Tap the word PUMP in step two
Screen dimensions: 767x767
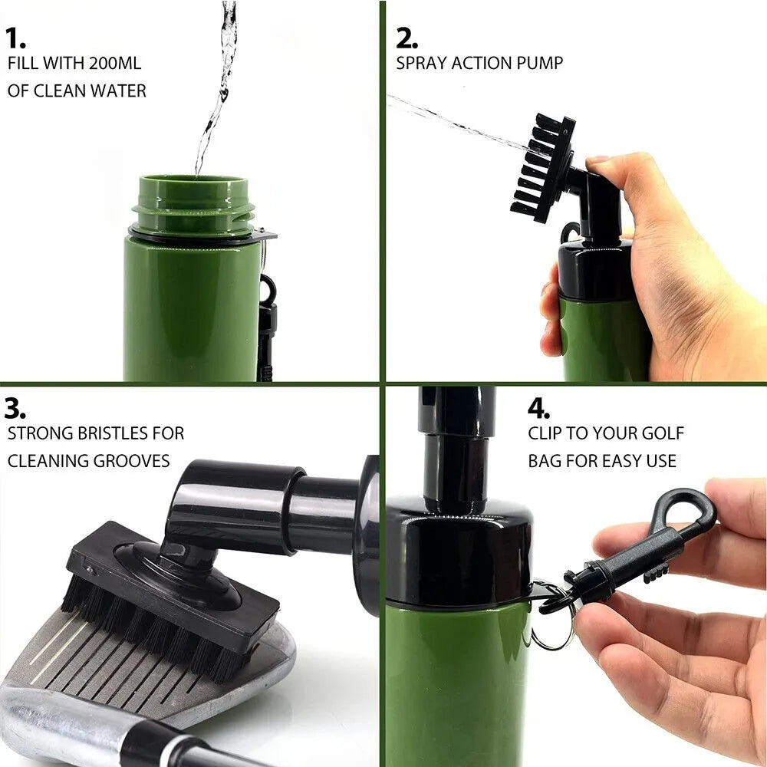pyautogui.click(x=539, y=63)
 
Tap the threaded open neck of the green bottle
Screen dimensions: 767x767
pyautogui.click(x=193, y=203)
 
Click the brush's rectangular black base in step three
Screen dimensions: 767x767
pyautogui.click(x=173, y=583)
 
